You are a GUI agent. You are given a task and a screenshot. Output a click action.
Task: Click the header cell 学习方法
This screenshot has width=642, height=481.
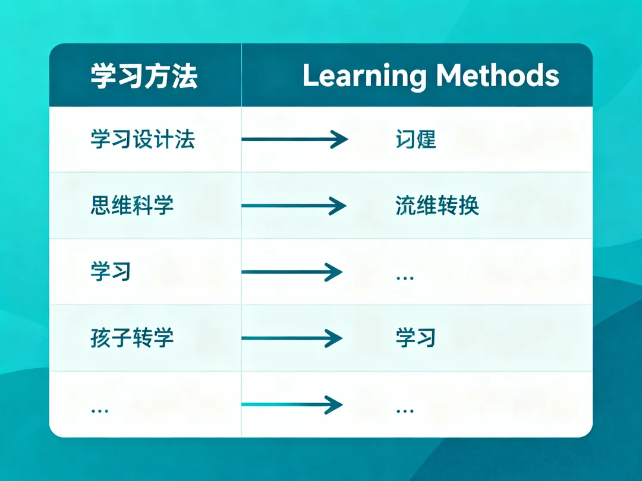tap(144, 77)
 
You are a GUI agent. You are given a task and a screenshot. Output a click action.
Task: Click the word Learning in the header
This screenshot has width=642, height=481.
tap(364, 77)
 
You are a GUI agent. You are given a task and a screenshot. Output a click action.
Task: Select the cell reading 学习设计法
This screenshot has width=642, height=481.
tap(143, 140)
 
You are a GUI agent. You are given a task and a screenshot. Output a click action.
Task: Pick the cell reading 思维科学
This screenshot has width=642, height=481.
tap(132, 205)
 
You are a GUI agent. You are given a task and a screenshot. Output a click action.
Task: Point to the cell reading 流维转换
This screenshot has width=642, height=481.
tap(437, 205)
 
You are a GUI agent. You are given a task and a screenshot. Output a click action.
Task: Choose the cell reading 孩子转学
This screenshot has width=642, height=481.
tap(132, 338)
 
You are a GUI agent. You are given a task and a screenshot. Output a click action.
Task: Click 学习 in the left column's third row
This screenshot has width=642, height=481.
tap(111, 272)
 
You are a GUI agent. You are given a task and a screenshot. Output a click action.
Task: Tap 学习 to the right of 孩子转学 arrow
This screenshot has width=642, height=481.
tap(416, 338)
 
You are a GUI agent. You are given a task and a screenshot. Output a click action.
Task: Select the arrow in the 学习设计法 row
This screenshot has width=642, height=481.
tap(294, 140)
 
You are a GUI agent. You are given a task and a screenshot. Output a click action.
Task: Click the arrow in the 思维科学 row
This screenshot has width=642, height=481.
tap(294, 206)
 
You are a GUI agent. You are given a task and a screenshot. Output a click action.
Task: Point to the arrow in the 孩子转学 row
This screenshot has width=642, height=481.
tap(292, 338)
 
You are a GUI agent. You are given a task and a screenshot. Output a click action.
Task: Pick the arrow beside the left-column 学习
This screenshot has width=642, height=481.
tap(292, 273)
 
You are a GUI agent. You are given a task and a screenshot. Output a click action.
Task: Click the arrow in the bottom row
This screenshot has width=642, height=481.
tap(292, 404)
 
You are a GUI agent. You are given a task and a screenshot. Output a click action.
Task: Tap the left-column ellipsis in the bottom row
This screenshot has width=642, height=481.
tap(99, 410)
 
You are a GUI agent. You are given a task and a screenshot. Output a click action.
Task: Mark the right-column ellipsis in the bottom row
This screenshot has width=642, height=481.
tap(404, 410)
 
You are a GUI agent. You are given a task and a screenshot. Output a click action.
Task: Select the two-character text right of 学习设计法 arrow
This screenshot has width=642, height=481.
tap(416, 140)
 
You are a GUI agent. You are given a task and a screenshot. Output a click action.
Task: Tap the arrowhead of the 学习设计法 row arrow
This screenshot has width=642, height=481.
tap(340, 140)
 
